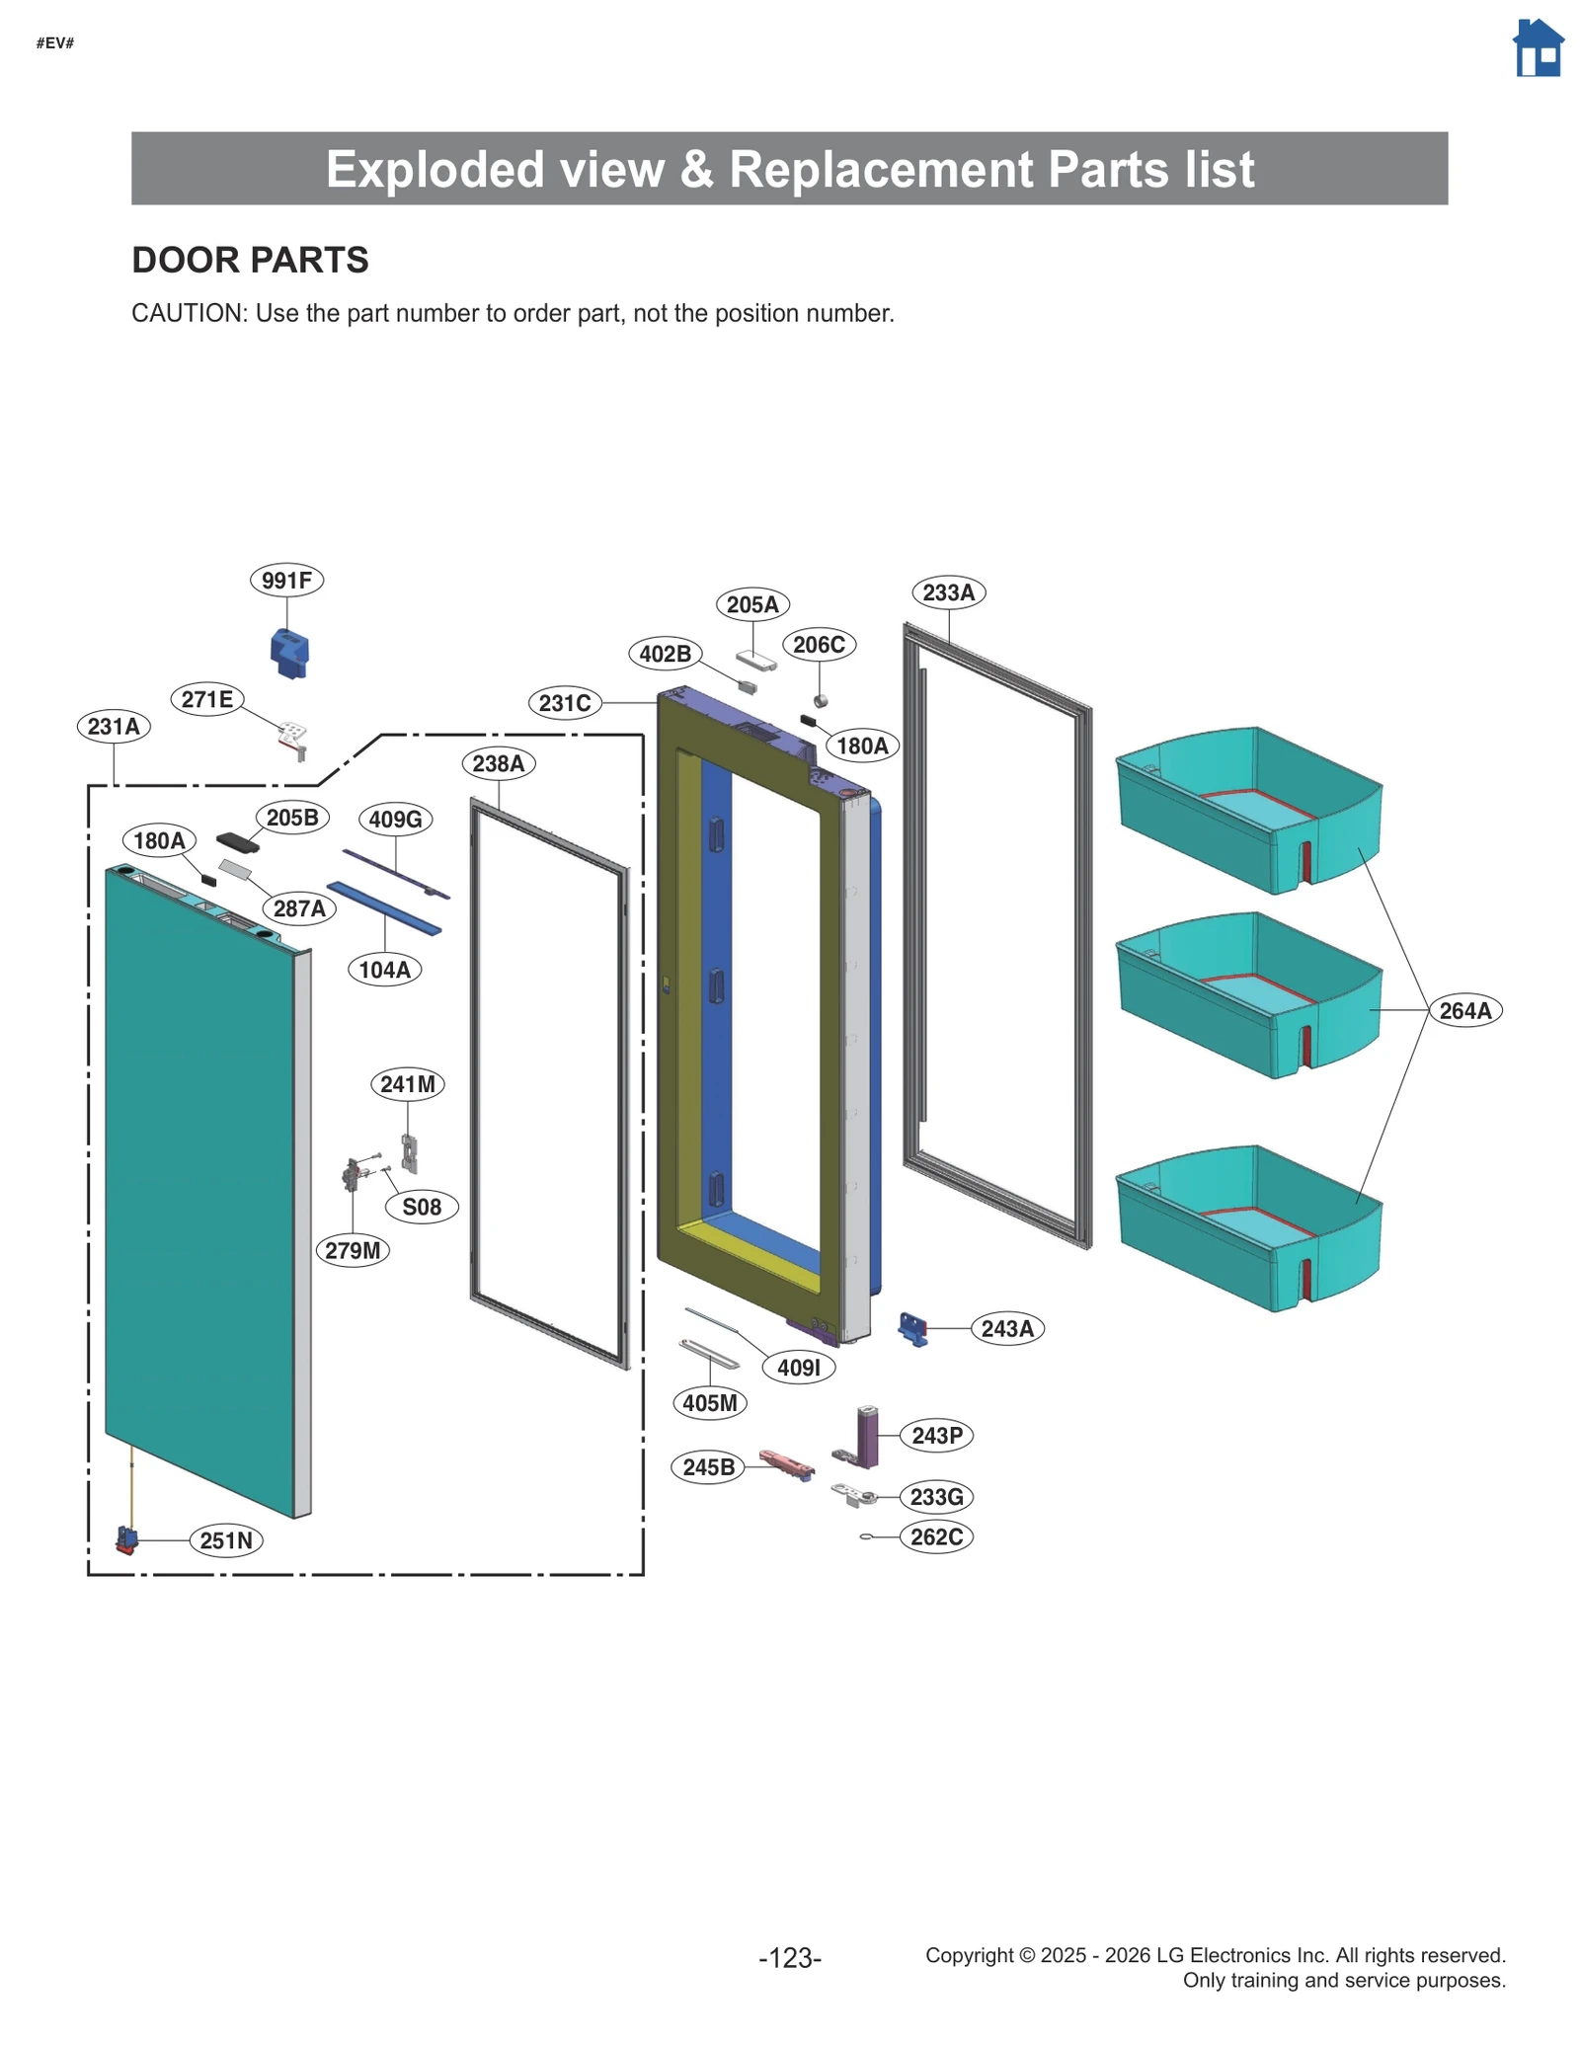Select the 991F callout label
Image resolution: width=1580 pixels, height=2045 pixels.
286,580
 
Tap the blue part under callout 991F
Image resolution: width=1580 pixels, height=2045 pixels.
289,653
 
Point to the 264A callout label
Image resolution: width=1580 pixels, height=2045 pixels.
1464,1010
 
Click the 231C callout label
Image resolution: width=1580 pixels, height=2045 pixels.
565,703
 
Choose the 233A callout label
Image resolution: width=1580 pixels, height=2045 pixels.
948,592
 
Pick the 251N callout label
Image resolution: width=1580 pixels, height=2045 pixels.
226,1540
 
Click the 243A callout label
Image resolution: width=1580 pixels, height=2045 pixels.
1007,1328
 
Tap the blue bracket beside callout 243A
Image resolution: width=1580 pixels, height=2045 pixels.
913,1329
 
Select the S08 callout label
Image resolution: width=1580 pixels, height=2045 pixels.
422,1207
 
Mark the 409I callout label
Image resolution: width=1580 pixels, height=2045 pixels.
799,1368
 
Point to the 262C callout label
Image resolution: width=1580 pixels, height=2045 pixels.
936,1536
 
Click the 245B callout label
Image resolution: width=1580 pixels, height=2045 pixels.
708,1467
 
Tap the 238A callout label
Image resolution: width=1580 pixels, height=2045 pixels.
498,763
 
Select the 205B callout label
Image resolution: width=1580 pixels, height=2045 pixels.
292,818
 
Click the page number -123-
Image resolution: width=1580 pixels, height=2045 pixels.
790,1957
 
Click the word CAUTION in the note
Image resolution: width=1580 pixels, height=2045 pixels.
188,313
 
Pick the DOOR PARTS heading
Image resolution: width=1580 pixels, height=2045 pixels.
250,260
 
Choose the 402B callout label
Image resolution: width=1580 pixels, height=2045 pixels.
665,654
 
